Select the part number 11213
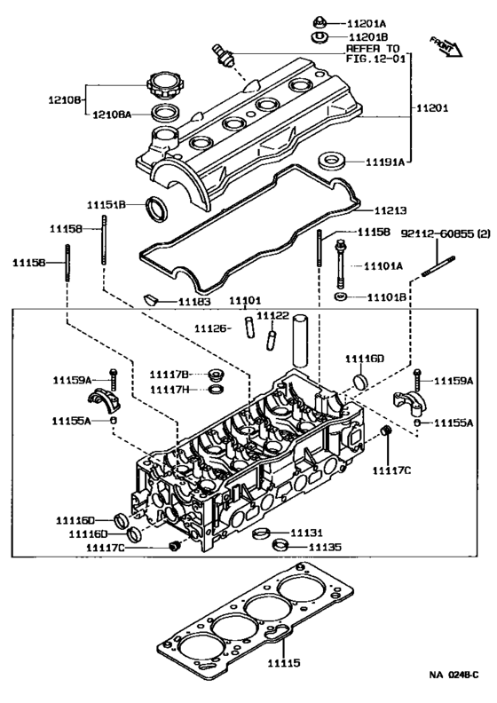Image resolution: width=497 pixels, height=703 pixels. pyautogui.click(x=389, y=210)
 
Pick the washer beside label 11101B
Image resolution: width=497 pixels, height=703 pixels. pyautogui.click(x=341, y=297)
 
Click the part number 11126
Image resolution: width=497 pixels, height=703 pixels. pyautogui.click(x=213, y=328)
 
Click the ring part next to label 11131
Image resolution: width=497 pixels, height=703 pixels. pyautogui.click(x=262, y=534)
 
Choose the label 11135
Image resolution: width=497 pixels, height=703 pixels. pyautogui.click(x=324, y=548)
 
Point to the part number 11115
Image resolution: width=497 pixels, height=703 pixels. pyautogui.click(x=285, y=662)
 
